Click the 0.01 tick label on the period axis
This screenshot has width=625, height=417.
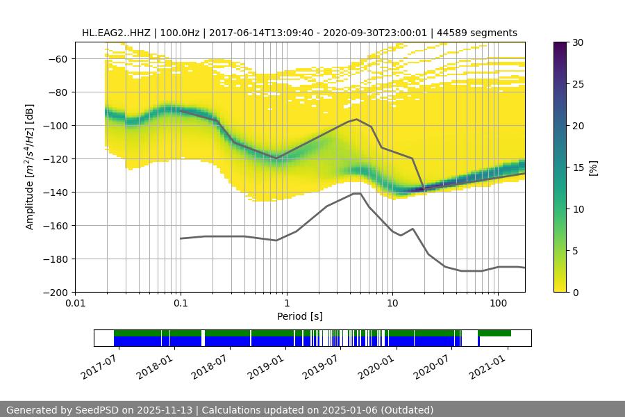point(75,304)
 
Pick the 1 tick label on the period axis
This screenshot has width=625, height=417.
point(286,304)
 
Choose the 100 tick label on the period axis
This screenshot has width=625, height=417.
point(497,304)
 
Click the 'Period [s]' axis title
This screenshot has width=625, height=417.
point(300,316)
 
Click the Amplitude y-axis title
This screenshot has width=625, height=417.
point(30,167)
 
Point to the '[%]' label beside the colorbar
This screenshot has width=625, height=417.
point(594,167)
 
